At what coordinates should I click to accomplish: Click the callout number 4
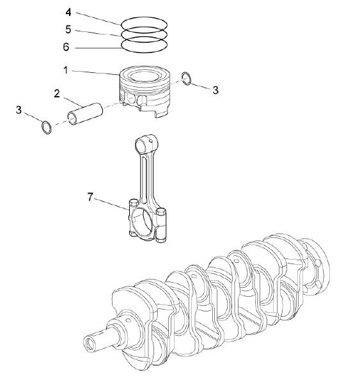(69, 12)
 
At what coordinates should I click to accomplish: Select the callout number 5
(69, 29)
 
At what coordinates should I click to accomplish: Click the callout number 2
(58, 93)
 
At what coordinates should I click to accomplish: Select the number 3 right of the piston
(215, 91)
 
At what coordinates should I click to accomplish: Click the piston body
(146, 90)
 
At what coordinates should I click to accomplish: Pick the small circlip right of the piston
(185, 79)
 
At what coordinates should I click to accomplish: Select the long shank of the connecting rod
(146, 179)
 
